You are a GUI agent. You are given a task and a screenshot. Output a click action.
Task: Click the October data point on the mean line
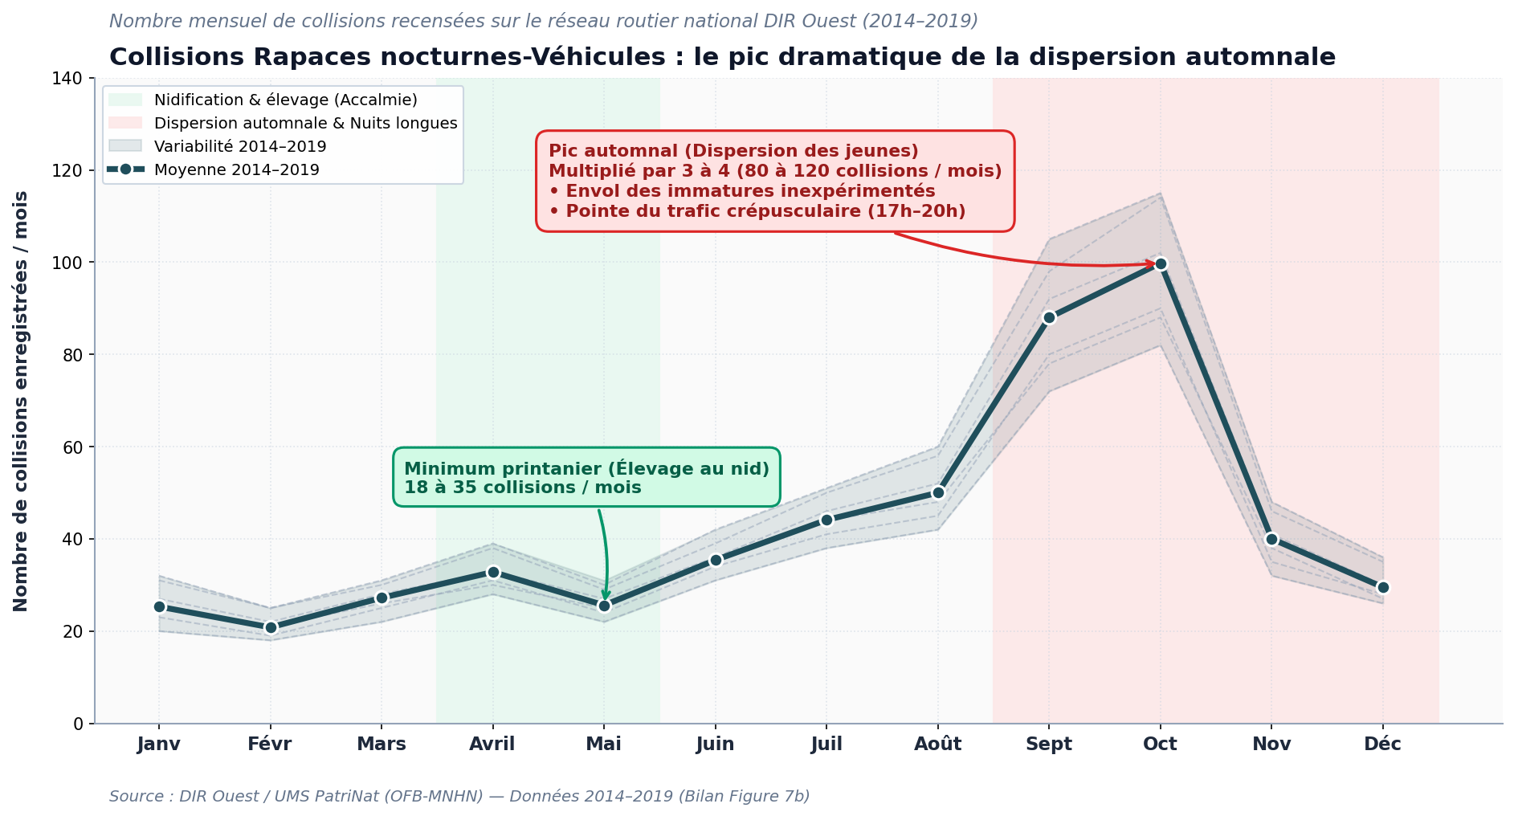click(x=1160, y=263)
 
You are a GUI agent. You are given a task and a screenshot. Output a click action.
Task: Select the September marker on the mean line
click(x=1049, y=317)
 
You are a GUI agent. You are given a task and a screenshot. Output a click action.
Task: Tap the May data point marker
click(x=604, y=606)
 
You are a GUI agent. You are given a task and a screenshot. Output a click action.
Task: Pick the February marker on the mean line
click(x=271, y=627)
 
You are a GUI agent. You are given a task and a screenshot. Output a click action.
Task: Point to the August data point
click(x=938, y=492)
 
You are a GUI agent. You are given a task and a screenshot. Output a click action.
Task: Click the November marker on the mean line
click(x=1271, y=539)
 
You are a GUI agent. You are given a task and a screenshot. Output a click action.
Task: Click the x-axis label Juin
click(x=715, y=744)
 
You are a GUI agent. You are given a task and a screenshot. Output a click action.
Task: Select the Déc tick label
click(x=1382, y=744)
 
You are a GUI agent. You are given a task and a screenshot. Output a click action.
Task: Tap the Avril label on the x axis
click(x=492, y=744)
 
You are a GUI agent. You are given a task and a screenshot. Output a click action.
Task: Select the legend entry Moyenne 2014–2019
click(x=237, y=170)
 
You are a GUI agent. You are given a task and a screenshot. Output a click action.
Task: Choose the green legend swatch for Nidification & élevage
click(x=125, y=100)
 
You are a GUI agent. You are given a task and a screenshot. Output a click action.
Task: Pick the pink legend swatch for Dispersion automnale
click(x=125, y=123)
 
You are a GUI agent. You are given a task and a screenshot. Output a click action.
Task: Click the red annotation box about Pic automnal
click(x=775, y=182)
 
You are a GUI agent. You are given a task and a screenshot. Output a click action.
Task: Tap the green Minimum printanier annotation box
click(x=586, y=477)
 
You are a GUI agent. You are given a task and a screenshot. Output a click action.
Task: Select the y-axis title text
click(x=21, y=401)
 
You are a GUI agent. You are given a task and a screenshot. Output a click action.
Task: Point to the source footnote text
click(x=459, y=796)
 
